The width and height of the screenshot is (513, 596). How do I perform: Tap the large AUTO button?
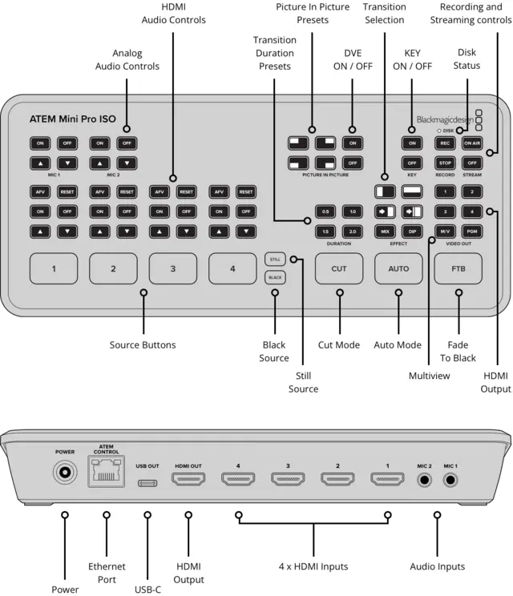pyautogui.click(x=398, y=268)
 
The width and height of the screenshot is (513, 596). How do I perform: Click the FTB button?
pyautogui.click(x=458, y=268)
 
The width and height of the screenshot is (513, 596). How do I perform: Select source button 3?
pyautogui.click(x=172, y=268)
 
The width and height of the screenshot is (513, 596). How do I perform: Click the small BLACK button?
pyautogui.click(x=274, y=277)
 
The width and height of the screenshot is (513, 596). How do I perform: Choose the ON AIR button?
pyautogui.click(x=472, y=143)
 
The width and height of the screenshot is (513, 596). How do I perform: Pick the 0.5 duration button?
pyautogui.click(x=325, y=211)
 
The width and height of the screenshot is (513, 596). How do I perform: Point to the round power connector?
pyautogui.click(x=65, y=473)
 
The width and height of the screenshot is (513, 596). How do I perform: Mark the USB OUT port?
pyautogui.click(x=147, y=483)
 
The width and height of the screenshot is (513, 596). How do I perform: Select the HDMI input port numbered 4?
pyautogui.click(x=238, y=481)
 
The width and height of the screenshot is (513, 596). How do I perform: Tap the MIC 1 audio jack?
pyautogui.click(x=451, y=481)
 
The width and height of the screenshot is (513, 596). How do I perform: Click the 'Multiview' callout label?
pyautogui.click(x=429, y=374)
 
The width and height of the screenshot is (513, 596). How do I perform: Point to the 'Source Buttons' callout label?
pyautogui.click(x=143, y=345)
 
